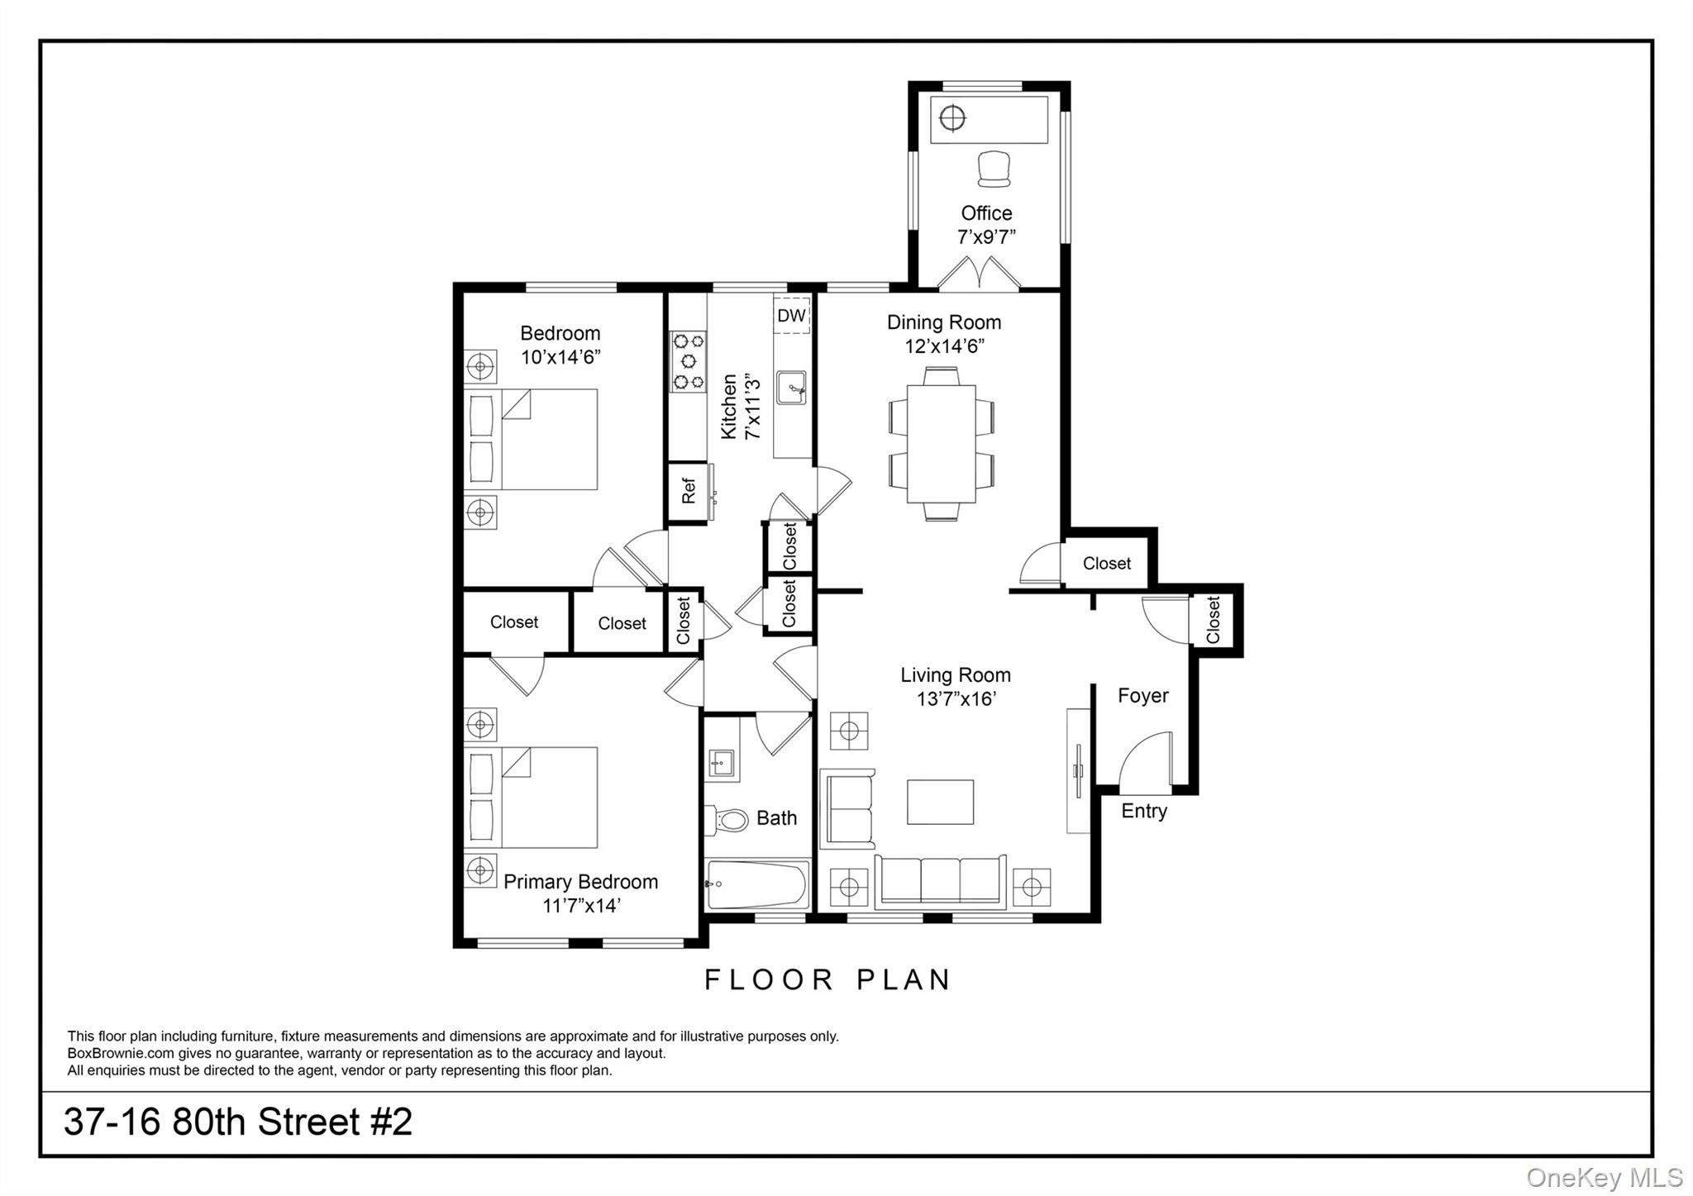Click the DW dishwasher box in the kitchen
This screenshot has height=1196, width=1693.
pos(791,316)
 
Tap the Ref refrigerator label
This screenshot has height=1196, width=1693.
pos(688,492)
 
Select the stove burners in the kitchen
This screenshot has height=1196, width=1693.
pos(688,361)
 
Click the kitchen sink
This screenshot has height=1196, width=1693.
pos(791,388)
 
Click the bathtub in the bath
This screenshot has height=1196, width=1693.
pos(756,884)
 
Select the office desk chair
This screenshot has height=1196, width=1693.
pos(994,169)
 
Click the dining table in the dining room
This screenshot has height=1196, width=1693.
pos(941,443)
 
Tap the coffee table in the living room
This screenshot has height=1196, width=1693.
pos(940,802)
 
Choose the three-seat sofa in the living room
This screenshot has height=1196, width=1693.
pos(940,881)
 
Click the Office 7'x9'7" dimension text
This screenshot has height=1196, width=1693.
pos(986,237)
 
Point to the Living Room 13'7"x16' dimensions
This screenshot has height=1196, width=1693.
pos(956,699)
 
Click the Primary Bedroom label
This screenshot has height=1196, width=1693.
pos(580,882)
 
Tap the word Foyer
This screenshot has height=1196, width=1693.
pos(1142,696)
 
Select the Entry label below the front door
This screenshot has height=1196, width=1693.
pos(1144,811)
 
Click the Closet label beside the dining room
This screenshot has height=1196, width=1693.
pos(1106,564)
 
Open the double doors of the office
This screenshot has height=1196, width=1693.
pos(980,274)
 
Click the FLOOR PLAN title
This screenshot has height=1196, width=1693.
pos(827,979)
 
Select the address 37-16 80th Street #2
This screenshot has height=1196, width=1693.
pos(238,1122)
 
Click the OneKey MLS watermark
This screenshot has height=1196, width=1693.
pos(1605,1177)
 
